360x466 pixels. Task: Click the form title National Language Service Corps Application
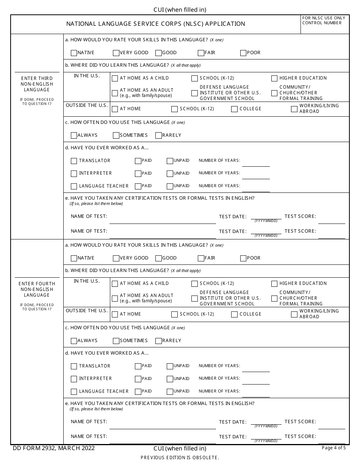pyautogui.click(x=155, y=24)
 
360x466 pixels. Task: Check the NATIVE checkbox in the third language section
pyautogui.click(x=74, y=53)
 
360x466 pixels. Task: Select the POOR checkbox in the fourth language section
pyautogui.click(x=243, y=258)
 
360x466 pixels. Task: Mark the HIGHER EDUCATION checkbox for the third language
pyautogui.click(x=274, y=78)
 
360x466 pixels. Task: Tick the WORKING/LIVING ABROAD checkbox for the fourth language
pyautogui.click(x=294, y=314)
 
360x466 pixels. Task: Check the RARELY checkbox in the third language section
pyautogui.click(x=159, y=136)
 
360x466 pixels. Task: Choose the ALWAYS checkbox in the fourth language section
pyautogui.click(x=74, y=341)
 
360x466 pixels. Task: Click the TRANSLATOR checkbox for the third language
pyautogui.click(x=74, y=161)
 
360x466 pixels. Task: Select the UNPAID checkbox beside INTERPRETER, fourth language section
pyautogui.click(x=170, y=379)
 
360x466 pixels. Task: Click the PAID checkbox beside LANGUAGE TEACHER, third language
pyautogui.click(x=138, y=186)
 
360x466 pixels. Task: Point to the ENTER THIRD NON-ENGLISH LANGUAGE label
pyautogui.click(x=37, y=84)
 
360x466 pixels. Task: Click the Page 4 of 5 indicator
pyautogui.click(x=333, y=448)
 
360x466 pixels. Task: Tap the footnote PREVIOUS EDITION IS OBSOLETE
pyautogui.click(x=180, y=458)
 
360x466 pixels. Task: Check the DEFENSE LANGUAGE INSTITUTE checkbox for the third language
pyautogui.click(x=194, y=93)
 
